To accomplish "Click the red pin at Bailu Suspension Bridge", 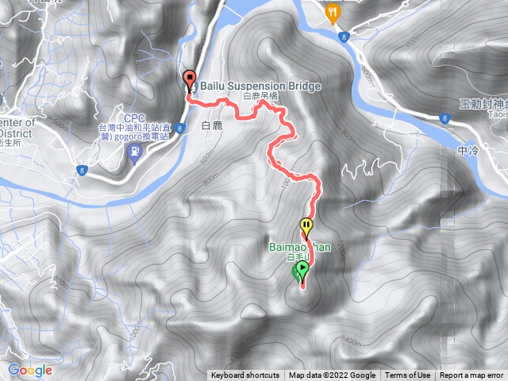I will [190, 79].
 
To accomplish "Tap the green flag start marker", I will [301, 272].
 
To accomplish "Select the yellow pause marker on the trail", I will [306, 225].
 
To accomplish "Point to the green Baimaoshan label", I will [300, 247].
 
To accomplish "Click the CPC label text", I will [132, 117].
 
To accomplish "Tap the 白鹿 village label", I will [214, 125].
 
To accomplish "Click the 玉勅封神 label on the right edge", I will [483, 104].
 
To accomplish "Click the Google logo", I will [29, 370].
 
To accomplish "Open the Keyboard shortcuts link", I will [245, 375].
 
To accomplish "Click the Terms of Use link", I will [408, 375].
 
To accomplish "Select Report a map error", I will [472, 375].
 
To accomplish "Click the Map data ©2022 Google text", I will [332, 375].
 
